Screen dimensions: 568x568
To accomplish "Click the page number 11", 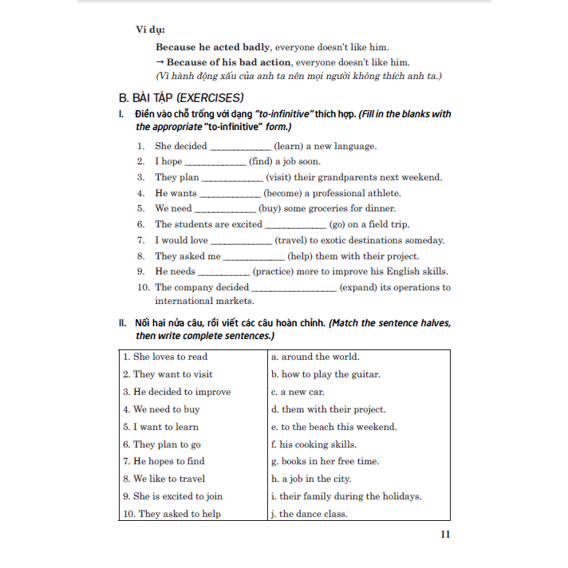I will pos(445,534).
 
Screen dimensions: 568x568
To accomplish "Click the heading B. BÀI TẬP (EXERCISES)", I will pos(180,98).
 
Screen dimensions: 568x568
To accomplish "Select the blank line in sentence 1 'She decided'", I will pos(240,148).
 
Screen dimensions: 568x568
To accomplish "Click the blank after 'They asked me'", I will pos(254,258).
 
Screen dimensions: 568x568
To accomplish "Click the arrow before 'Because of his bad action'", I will pos(160,62).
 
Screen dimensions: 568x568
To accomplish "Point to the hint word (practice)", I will pos(277,272).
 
